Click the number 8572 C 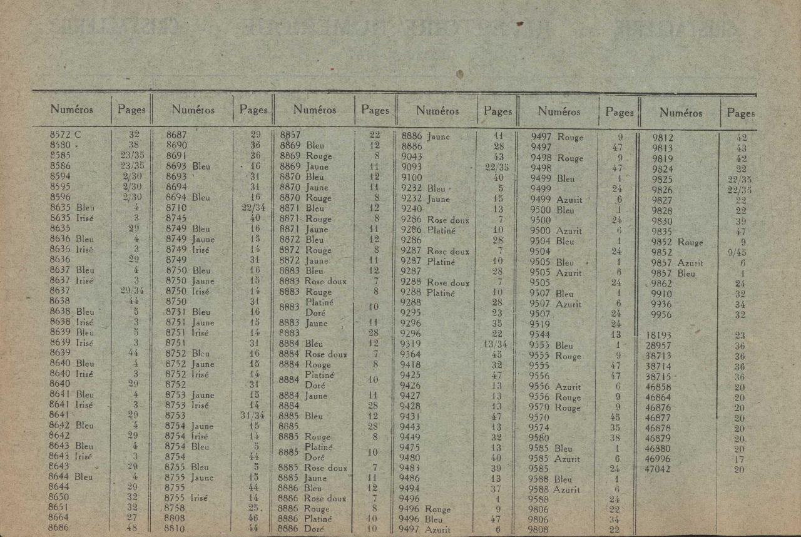coord(65,134)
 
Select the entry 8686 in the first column coord(59,528)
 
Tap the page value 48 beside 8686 coord(132,528)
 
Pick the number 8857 coord(290,135)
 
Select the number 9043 coord(412,156)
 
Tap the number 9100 coord(412,177)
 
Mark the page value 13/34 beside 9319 coord(496,343)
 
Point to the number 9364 coord(411,354)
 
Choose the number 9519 coord(539,324)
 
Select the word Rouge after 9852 coord(690,242)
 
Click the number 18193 coord(658,335)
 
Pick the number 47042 coord(658,469)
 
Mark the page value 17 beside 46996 coord(740,459)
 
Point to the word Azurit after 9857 coord(690,263)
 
